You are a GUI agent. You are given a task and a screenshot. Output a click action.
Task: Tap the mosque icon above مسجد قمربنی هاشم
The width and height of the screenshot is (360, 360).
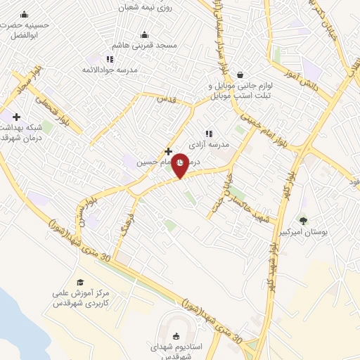tap(145, 34)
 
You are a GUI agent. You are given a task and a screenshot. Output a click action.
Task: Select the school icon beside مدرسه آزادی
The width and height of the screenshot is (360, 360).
tap(208, 133)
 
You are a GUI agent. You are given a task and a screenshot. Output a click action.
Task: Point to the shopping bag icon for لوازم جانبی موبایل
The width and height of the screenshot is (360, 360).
tap(240, 74)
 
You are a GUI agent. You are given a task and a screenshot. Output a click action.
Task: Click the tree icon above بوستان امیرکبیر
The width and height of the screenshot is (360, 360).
tap(303, 221)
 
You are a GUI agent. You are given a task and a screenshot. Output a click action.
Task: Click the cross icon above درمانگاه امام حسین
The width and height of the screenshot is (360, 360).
tap(168, 151)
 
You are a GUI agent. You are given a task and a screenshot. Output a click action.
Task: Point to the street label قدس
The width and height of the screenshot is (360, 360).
tap(167, 100)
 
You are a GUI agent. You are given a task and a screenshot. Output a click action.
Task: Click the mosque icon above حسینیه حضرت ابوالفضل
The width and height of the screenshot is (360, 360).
tap(25, 15)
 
